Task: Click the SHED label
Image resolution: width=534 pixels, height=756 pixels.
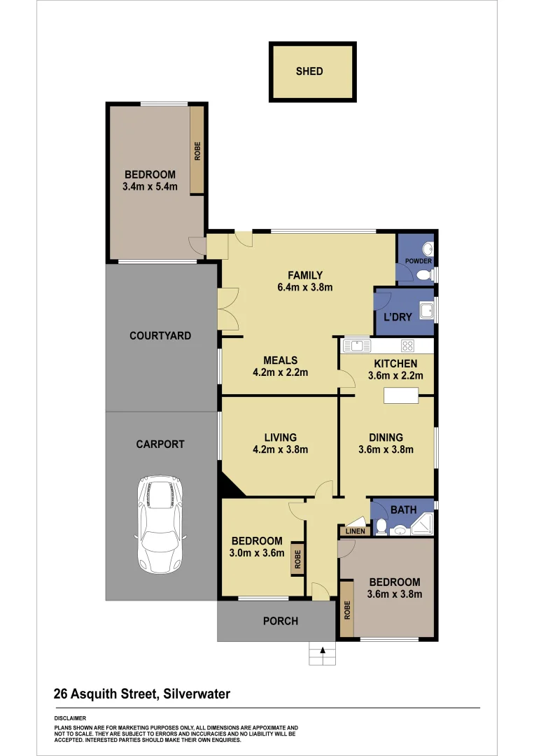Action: click(309, 71)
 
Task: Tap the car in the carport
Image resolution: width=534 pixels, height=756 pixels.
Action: click(161, 524)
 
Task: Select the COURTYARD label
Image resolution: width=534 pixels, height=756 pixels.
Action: click(160, 336)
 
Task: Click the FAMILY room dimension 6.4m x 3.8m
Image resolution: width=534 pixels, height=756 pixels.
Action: click(304, 287)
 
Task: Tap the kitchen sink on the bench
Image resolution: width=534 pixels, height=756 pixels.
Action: click(357, 344)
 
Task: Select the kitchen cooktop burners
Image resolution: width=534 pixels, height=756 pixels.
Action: click(408, 344)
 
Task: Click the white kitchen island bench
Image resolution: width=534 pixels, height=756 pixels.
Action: click(401, 395)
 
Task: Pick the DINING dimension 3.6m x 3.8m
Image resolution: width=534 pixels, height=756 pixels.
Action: click(386, 449)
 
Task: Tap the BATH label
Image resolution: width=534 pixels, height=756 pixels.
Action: click(403, 510)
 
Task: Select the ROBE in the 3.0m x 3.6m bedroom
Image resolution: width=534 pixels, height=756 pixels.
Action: click(297, 559)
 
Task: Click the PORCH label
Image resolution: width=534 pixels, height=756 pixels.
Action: click(280, 621)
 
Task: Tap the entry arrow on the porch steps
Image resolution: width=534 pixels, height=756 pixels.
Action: click(323, 650)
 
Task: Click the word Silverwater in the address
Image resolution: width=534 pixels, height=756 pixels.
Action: click(197, 694)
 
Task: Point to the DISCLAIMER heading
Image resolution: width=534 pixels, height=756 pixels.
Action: click(70, 718)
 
